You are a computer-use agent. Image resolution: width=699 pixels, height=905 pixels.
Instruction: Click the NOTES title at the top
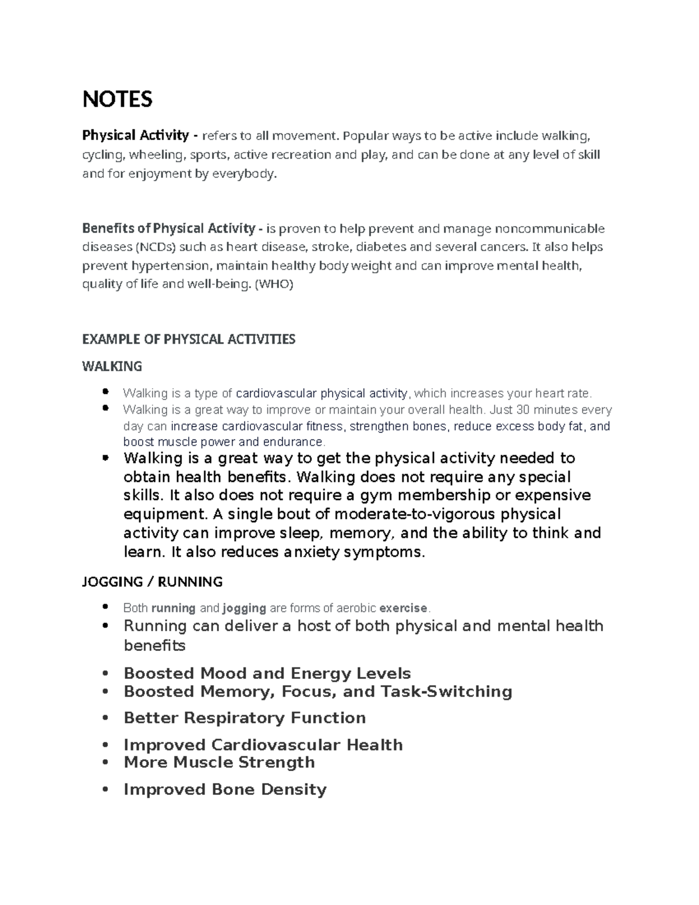tap(117, 100)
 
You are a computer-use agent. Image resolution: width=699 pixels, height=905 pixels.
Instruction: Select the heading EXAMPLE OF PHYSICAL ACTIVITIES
tap(189, 339)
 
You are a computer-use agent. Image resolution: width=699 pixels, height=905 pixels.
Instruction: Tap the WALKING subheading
tap(112, 367)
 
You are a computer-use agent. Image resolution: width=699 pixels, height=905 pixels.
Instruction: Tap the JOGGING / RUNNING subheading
tap(152, 582)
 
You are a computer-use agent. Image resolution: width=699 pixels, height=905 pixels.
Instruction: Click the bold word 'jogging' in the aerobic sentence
tap(244, 608)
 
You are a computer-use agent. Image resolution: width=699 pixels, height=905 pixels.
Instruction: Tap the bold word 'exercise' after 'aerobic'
tap(403, 608)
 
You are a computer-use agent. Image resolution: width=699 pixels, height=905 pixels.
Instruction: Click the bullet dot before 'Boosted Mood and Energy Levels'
tap(105, 674)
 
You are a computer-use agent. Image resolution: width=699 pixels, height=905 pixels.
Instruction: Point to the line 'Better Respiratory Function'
tap(245, 718)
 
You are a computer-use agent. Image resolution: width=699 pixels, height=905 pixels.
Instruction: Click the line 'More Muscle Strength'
tap(219, 762)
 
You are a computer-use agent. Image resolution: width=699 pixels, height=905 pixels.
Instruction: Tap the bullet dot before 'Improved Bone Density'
tap(105, 790)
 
